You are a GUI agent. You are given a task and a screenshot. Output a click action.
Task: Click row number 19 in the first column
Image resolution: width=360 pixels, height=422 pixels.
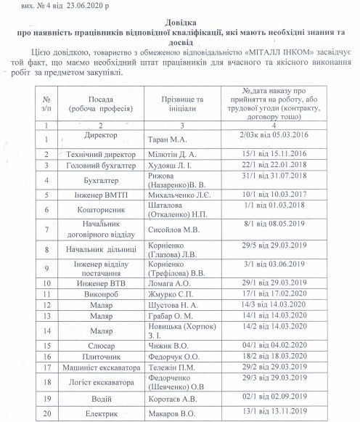tap(46, 398)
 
